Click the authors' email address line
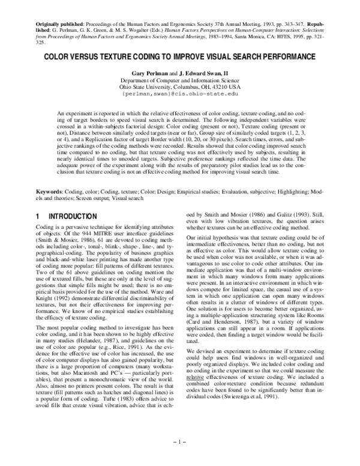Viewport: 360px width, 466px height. [179, 94]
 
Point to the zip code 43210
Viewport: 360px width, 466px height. [217, 87]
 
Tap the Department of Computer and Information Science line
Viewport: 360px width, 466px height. [179, 80]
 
